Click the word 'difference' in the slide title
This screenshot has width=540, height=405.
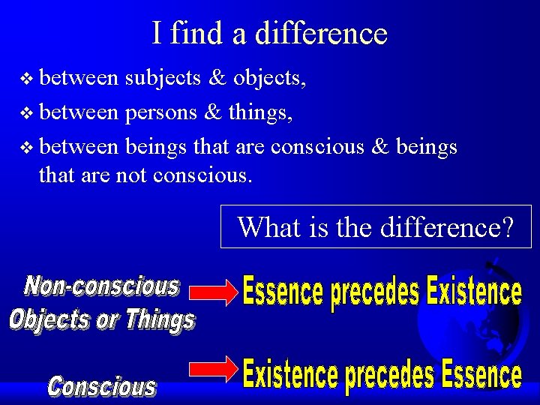coord(321,34)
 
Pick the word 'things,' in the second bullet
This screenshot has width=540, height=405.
coord(259,113)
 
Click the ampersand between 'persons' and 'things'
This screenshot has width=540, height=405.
coord(212,113)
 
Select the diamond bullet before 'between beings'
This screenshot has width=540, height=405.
coord(28,147)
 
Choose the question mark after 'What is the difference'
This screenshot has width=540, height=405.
coord(506,226)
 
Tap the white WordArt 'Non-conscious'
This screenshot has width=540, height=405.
coord(102,286)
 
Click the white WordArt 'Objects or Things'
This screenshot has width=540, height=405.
coord(102,319)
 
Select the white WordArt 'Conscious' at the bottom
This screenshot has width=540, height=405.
coord(102,386)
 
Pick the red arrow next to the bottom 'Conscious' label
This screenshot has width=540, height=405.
coord(213,367)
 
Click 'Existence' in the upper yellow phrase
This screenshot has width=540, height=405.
coord(473,292)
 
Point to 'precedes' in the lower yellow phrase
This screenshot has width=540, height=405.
coord(382,376)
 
